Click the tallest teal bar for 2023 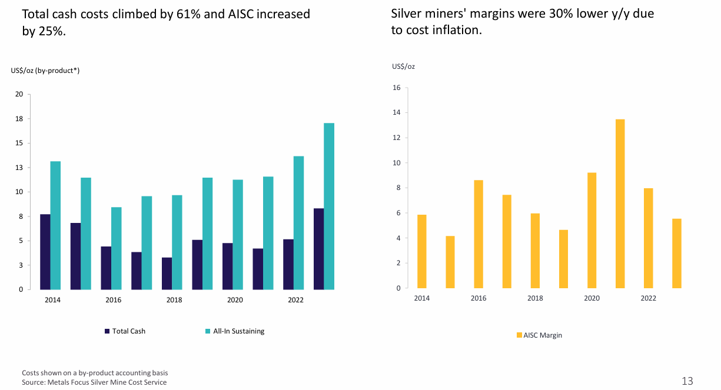pyautogui.click(x=329, y=206)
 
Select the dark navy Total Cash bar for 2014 pyautogui.click(x=45, y=252)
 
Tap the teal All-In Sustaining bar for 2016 pyautogui.click(x=116, y=248)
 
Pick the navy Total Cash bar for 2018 pyautogui.click(x=167, y=274)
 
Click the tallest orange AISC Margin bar pyautogui.click(x=620, y=204)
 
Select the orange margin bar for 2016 pyautogui.click(x=479, y=234)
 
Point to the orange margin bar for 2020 pyautogui.click(x=592, y=230)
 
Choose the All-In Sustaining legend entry pyautogui.click(x=234, y=331)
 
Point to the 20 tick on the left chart pyautogui.click(x=19, y=94)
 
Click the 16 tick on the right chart pyautogui.click(x=396, y=88)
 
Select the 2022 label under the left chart pyautogui.click(x=295, y=300)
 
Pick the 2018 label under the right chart pyautogui.click(x=535, y=298)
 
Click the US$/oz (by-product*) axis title pyautogui.click(x=45, y=71)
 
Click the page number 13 pyautogui.click(x=687, y=381)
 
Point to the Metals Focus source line pyautogui.click(x=94, y=382)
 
